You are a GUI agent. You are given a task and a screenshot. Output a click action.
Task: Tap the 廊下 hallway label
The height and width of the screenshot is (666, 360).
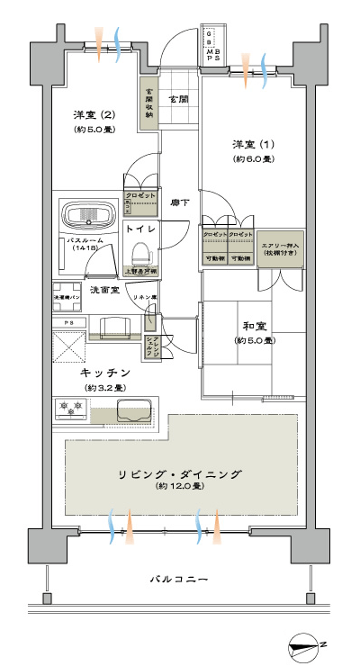[180, 202]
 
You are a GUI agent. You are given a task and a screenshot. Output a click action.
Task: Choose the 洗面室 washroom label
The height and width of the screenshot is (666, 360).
[112, 290]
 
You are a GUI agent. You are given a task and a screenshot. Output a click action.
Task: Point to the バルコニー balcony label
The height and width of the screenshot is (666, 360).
[178, 580]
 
